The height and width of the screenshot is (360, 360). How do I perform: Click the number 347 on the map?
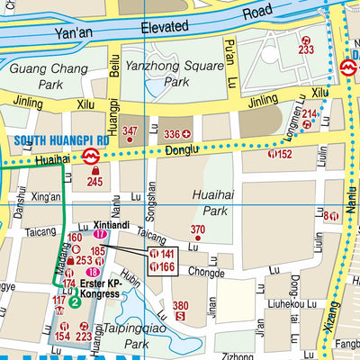[131, 132]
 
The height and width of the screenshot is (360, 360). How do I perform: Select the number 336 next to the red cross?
[169, 135]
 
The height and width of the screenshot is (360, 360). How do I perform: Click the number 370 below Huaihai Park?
[198, 230]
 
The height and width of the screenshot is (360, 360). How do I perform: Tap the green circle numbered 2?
[76, 302]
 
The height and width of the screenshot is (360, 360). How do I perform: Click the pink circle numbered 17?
[100, 235]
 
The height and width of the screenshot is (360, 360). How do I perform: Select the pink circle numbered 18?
[92, 272]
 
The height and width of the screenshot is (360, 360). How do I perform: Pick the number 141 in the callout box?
[168, 255]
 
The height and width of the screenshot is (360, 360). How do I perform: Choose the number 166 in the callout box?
[168, 267]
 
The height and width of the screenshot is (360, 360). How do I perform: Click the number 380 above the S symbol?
[181, 305]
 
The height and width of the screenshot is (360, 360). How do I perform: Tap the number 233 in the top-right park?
[306, 50]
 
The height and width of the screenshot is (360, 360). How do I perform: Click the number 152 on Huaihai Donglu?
[284, 154]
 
